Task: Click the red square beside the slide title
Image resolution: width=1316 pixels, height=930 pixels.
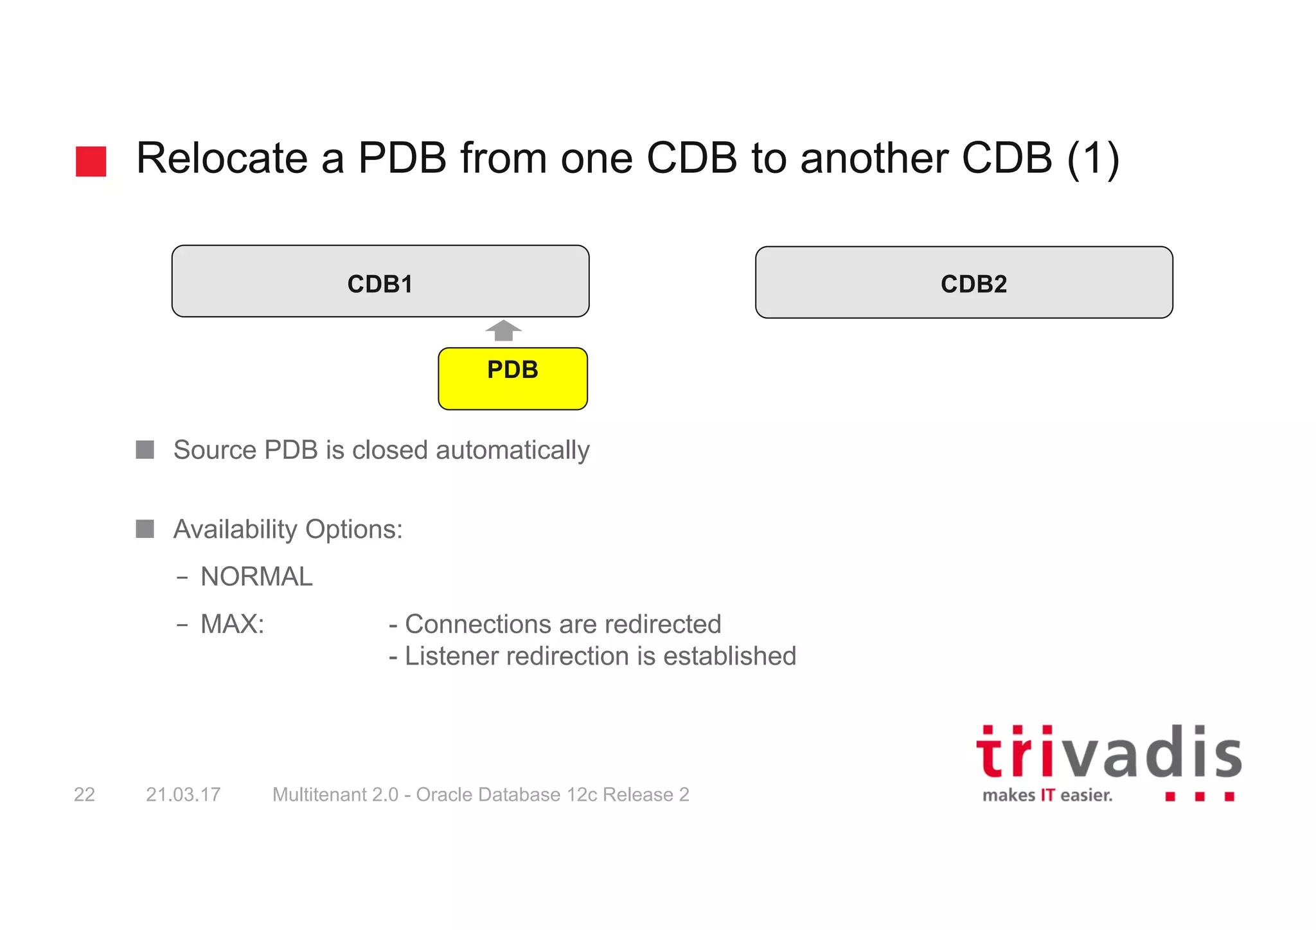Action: tap(91, 161)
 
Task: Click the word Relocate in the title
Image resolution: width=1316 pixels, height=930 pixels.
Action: tap(222, 158)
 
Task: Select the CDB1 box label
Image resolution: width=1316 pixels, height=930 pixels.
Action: tap(380, 284)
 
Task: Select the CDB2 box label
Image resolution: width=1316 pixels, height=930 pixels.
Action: tap(974, 284)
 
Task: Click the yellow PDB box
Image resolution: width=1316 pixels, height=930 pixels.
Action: tap(512, 379)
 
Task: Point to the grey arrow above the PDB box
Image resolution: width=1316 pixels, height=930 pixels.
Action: tap(503, 330)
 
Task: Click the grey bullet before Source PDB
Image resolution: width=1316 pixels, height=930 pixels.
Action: tap(145, 450)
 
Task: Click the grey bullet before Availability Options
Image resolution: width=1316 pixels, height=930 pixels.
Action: tap(145, 529)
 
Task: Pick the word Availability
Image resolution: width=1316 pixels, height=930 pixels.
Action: tap(235, 530)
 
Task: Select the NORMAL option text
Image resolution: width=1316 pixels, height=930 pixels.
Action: tap(256, 577)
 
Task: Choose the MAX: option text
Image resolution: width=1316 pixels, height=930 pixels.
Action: tap(232, 624)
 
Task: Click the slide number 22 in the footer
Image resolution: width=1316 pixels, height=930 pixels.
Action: tap(84, 795)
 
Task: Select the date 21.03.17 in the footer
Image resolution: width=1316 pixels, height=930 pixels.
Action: tap(183, 795)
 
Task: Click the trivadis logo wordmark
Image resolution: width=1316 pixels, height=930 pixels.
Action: tap(1108, 753)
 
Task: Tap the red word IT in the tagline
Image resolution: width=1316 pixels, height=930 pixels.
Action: tap(1047, 796)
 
